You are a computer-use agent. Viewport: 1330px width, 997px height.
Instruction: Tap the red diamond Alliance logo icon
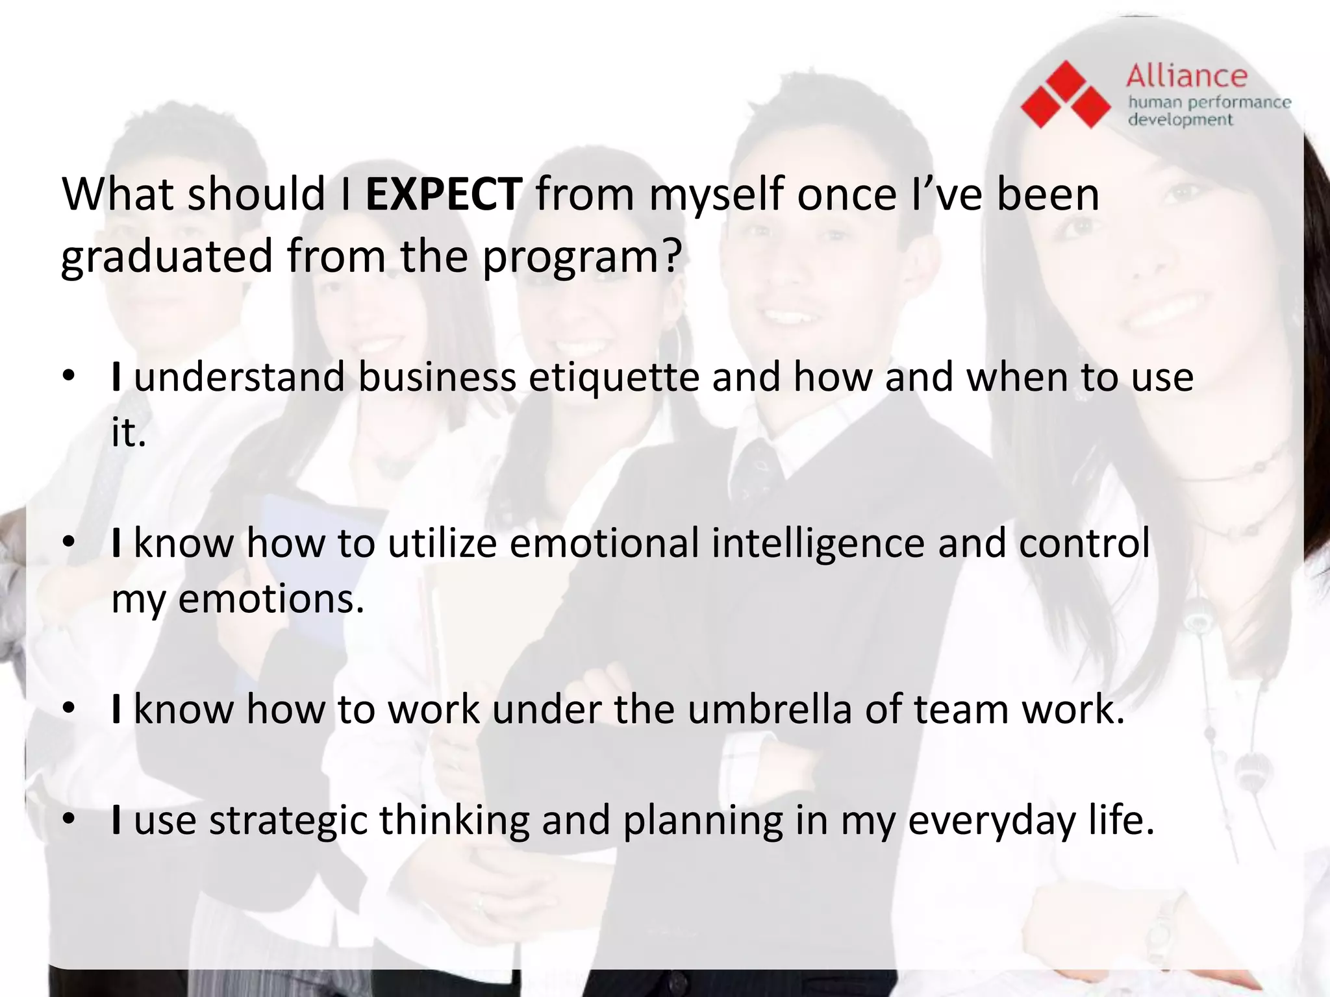(1065, 95)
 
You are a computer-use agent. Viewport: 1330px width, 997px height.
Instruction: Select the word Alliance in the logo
(1186, 77)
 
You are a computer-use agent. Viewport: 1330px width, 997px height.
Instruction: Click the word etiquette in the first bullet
(614, 377)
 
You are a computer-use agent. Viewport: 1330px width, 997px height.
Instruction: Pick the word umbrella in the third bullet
(769, 709)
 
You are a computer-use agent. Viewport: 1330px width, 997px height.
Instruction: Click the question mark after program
(671, 256)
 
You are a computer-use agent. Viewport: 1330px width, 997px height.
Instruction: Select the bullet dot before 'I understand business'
(69, 377)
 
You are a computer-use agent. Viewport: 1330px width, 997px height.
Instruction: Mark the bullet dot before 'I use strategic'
(69, 820)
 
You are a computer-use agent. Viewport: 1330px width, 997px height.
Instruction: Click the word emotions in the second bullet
(270, 598)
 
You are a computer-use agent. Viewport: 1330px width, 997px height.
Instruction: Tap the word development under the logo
(1180, 120)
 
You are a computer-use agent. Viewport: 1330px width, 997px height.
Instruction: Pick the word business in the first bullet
(437, 377)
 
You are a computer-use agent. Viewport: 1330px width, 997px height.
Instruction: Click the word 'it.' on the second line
(128, 433)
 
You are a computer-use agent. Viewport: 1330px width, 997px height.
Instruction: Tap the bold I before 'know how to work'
(116, 709)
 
